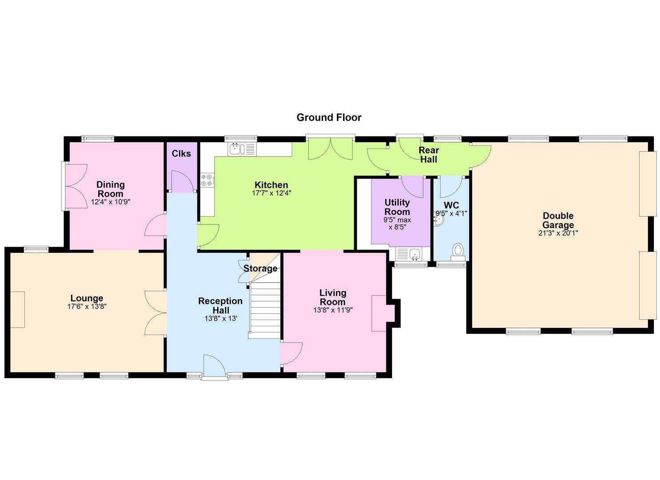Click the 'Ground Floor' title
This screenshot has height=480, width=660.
[329, 117]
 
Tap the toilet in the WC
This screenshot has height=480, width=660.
[458, 252]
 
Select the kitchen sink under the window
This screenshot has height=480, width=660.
[242, 149]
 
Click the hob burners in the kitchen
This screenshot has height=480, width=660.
[207, 180]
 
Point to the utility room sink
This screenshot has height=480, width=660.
[409, 254]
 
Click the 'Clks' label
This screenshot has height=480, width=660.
[181, 153]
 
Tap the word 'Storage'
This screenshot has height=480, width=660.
[260, 268]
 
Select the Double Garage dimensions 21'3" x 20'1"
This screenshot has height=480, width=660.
[558, 233]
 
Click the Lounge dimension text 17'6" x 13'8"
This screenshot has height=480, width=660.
[87, 307]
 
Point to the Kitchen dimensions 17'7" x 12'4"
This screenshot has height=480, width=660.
[272, 193]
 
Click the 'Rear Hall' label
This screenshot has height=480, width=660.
[429, 155]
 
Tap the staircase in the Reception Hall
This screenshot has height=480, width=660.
[264, 310]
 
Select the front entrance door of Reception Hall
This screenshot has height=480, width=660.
[215, 365]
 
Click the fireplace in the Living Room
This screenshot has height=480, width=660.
[383, 313]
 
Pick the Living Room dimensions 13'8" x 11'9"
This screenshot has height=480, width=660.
[333, 310]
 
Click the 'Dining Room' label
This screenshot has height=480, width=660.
[111, 189]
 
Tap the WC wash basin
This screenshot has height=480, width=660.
[438, 219]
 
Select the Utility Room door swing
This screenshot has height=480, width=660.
[412, 187]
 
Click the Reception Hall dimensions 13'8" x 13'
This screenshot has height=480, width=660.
[221, 318]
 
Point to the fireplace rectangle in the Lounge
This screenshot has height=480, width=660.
[18, 309]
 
